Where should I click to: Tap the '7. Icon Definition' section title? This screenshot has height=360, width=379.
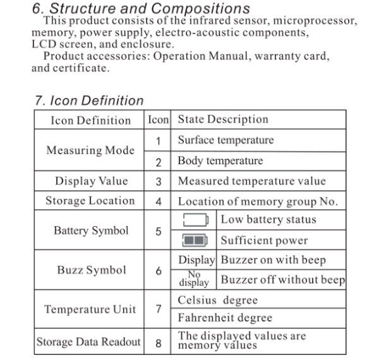pyautogui.click(x=89, y=100)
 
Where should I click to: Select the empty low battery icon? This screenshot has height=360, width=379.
pyautogui.click(x=196, y=220)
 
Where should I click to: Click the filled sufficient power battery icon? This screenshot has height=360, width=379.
pyautogui.click(x=196, y=241)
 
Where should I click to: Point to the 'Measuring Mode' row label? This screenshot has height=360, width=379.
pyautogui.click(x=90, y=150)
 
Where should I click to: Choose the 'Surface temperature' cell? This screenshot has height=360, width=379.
pyautogui.click(x=226, y=140)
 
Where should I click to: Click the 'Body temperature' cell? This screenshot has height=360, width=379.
pyautogui.click(x=220, y=160)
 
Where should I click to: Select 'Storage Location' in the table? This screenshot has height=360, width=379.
pyautogui.click(x=90, y=201)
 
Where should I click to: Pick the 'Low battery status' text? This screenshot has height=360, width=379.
pyautogui.click(x=268, y=220)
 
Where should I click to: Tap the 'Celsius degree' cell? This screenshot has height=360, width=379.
pyautogui.click(x=218, y=299)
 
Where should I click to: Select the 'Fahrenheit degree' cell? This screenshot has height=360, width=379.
pyautogui.click(x=225, y=318)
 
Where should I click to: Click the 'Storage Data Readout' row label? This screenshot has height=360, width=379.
pyautogui.click(x=89, y=342)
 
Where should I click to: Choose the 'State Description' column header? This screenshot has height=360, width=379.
pyautogui.click(x=223, y=119)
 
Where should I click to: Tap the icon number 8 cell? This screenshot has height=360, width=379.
pyautogui.click(x=159, y=343)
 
